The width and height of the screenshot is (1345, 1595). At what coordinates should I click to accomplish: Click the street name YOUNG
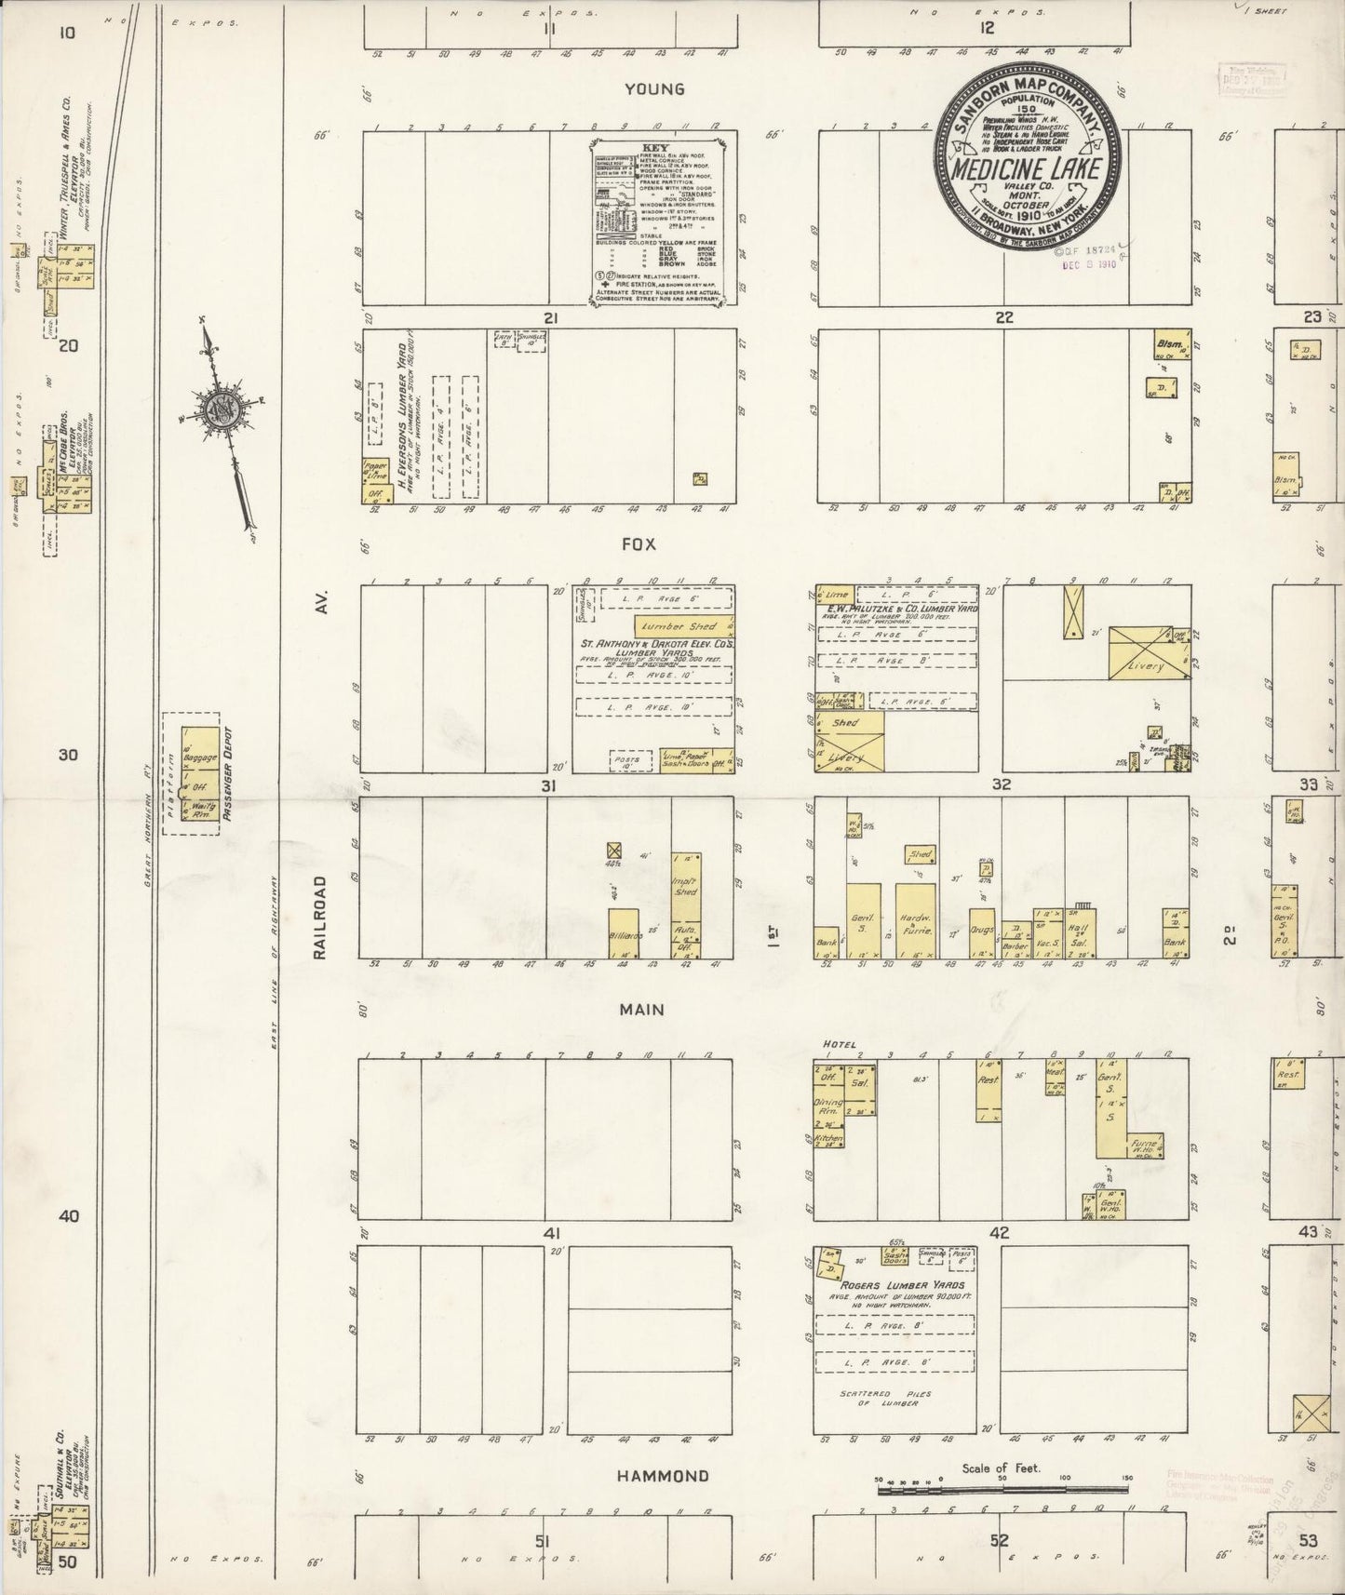654,89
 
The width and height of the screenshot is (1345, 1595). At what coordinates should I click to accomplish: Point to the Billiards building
624,933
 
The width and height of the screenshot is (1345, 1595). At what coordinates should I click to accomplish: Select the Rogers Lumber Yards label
894,1284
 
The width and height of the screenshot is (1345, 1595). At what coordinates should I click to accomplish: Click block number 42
1001,1233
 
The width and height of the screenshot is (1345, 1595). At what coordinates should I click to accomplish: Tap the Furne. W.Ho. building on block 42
1144,1146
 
